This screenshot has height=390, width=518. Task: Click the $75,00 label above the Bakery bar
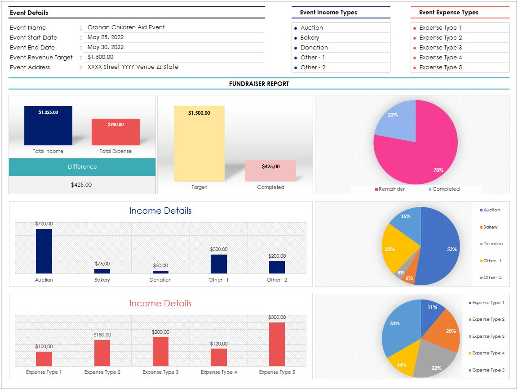pos(102,264)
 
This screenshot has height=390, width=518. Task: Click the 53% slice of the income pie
pos(440,248)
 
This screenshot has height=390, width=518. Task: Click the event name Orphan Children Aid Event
pos(126,27)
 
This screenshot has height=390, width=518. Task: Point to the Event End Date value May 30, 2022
pos(105,47)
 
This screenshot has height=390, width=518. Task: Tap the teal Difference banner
pos(82,167)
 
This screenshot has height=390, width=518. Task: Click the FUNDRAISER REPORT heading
pos(259,84)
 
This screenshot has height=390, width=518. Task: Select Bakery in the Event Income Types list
pos(310,38)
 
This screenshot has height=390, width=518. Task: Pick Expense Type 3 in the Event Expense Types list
pos(440,47)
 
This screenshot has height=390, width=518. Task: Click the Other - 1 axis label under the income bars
pos(218,280)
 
